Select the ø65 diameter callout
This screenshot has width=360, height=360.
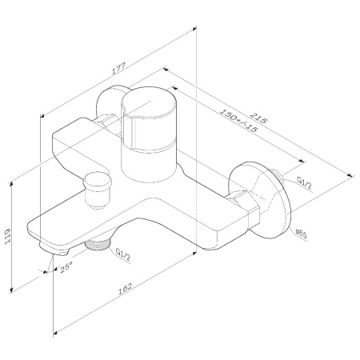click(x=302, y=232)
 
